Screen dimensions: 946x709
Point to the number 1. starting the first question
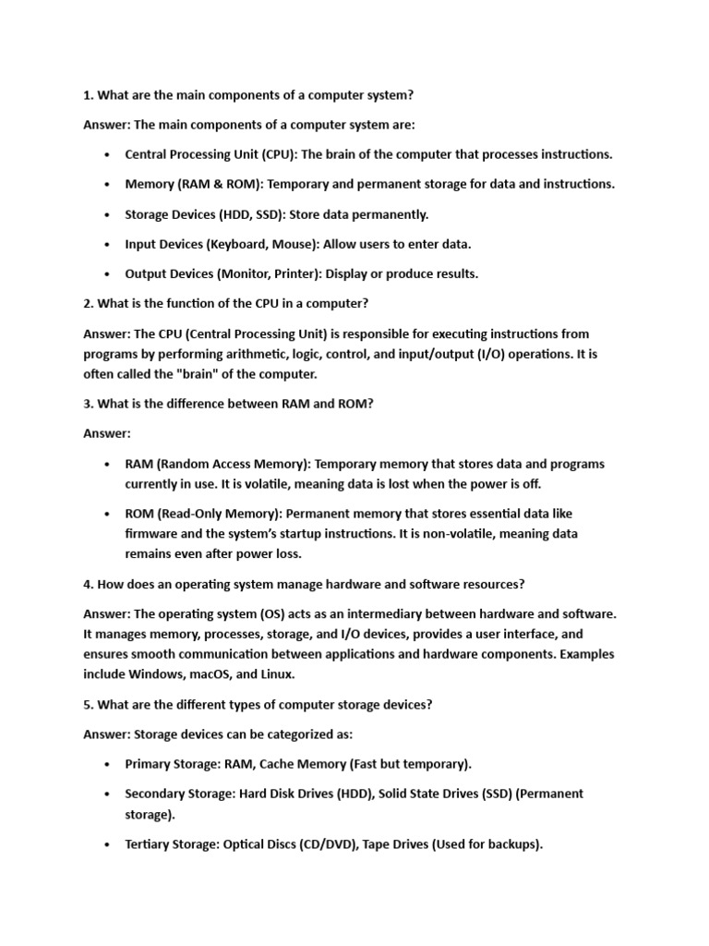[x=89, y=94]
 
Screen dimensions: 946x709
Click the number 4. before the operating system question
[x=89, y=584]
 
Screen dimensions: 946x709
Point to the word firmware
[x=153, y=533]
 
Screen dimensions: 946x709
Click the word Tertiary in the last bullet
[x=150, y=844]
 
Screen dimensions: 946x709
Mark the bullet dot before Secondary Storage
[x=108, y=794]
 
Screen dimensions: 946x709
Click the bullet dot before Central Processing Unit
[x=108, y=154]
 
